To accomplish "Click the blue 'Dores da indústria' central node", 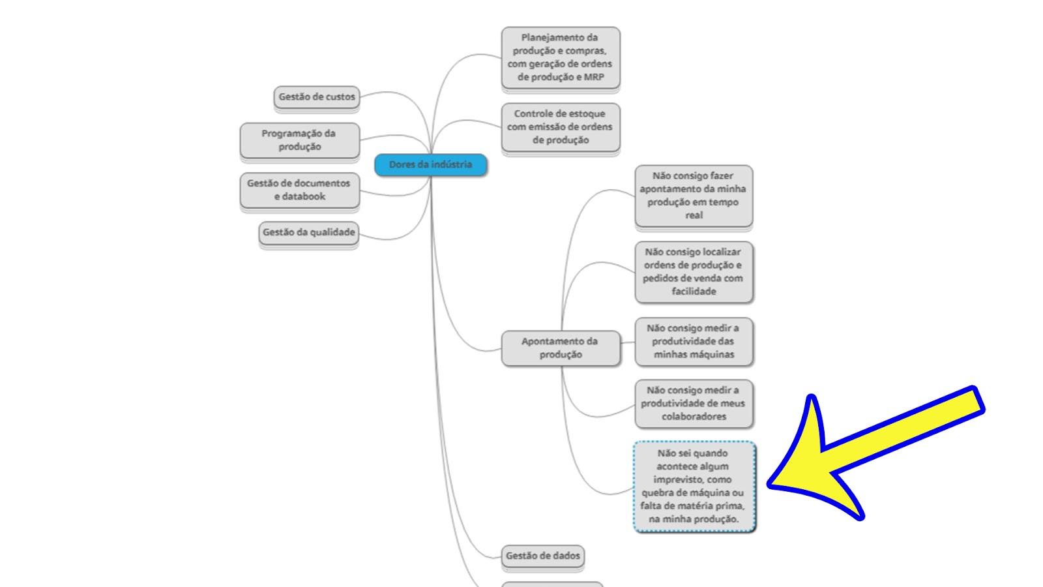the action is click(431, 165).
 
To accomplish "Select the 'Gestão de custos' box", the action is click(317, 97).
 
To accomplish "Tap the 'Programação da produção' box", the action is click(300, 140).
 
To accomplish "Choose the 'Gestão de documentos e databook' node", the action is click(300, 190).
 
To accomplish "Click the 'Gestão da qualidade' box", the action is click(309, 232).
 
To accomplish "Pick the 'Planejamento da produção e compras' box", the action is click(561, 57).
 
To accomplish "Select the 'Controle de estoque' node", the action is click(561, 127).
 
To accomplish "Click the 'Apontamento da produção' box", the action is click(561, 348).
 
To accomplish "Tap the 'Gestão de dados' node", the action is click(543, 556).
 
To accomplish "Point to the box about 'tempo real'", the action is click(694, 196).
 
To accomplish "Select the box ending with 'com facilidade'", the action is click(694, 272).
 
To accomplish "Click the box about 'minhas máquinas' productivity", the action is click(694, 342).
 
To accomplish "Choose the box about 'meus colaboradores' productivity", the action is click(694, 404).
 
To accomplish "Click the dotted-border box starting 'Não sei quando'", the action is click(694, 487).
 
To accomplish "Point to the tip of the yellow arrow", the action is click(769, 486).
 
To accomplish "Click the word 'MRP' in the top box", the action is click(594, 78).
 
